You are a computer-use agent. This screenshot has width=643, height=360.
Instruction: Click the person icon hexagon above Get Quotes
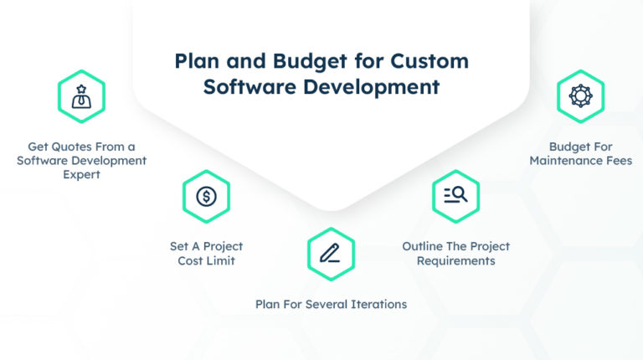[81, 96]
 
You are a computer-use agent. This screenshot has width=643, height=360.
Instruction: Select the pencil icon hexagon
[331, 254]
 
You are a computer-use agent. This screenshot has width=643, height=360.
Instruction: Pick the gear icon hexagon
[580, 96]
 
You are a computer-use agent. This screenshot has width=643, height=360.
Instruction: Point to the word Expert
[81, 174]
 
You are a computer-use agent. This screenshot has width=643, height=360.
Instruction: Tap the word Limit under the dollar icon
[219, 260]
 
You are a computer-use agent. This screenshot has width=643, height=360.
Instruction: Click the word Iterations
[378, 304]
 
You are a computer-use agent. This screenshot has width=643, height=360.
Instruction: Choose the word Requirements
[456, 260]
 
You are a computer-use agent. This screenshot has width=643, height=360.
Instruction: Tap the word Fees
[618, 160]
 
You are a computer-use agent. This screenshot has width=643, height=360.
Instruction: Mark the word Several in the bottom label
[325, 304]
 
